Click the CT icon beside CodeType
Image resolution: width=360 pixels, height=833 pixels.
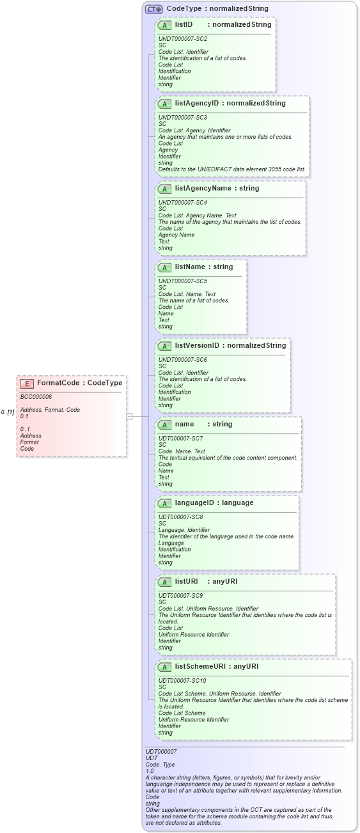(x=153, y=9)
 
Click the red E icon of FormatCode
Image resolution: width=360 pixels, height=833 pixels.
(x=27, y=383)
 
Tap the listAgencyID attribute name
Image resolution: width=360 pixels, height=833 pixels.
(x=197, y=103)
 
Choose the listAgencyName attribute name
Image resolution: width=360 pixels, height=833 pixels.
(x=202, y=189)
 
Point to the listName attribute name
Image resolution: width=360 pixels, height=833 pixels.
(x=192, y=267)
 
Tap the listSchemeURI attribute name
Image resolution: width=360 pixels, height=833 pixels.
(x=203, y=666)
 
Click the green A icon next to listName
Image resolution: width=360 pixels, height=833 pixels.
(x=164, y=267)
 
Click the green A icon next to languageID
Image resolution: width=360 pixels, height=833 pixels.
(x=164, y=503)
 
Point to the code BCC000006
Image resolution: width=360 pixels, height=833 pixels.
(x=36, y=397)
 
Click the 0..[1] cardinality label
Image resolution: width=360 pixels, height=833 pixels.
(x=8, y=412)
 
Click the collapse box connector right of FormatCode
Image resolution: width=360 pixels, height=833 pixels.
(x=129, y=416)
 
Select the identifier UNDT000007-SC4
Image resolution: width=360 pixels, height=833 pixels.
(x=182, y=203)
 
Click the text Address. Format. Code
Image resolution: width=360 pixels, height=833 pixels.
(x=50, y=410)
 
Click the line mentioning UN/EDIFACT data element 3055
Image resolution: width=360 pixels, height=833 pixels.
(x=233, y=169)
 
